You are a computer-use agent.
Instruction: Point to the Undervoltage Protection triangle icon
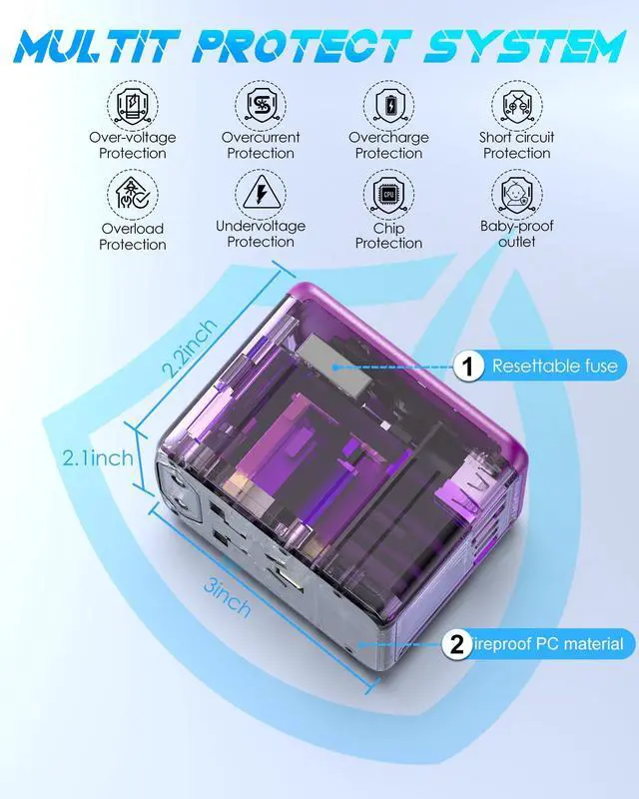261,192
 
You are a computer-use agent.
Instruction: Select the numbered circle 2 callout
456,644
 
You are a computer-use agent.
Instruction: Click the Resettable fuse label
554,367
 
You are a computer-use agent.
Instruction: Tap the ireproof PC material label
549,644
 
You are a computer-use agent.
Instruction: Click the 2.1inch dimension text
98,458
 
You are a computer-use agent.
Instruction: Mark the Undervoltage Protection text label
261,234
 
